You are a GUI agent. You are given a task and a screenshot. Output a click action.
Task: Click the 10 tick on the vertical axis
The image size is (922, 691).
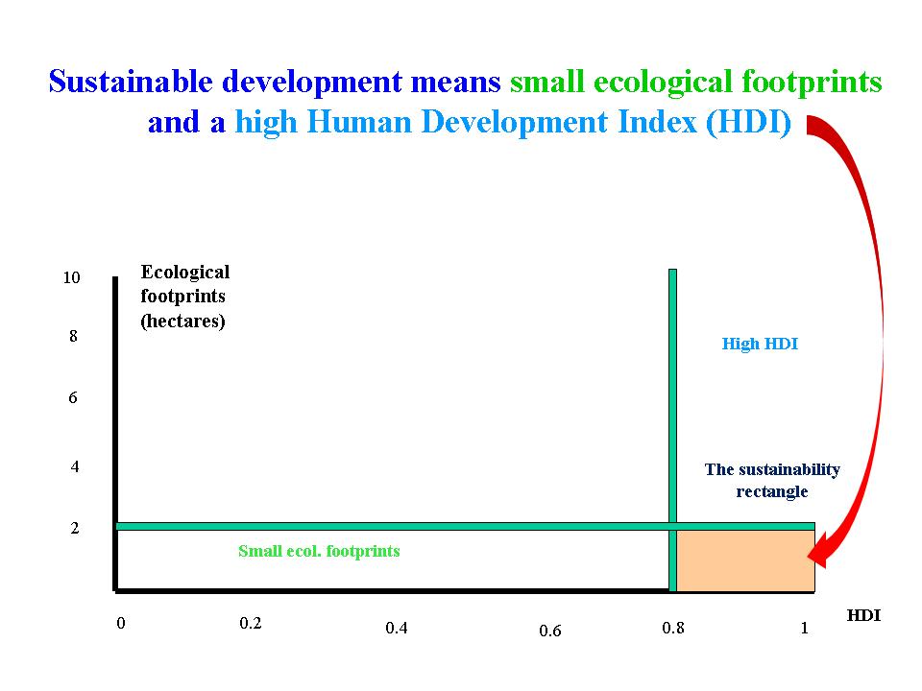pyautogui.click(x=71, y=278)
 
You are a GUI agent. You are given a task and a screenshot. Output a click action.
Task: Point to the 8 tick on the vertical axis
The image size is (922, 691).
pyautogui.click(x=73, y=337)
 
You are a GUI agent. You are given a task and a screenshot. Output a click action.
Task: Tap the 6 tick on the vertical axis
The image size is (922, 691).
pyautogui.click(x=73, y=397)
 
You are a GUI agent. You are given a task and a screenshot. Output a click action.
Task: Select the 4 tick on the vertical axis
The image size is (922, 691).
pyautogui.click(x=74, y=467)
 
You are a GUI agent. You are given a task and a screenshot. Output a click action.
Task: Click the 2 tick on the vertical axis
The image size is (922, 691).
pyautogui.click(x=74, y=528)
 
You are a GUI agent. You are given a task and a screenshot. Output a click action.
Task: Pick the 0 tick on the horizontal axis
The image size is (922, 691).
pyautogui.click(x=121, y=624)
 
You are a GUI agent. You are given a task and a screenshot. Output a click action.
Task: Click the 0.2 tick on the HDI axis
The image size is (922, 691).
pyautogui.click(x=251, y=623)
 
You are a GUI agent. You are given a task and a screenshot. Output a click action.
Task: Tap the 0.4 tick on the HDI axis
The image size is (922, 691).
pyautogui.click(x=397, y=629)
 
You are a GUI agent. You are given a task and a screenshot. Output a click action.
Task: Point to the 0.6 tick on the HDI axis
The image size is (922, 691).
pyautogui.click(x=550, y=631)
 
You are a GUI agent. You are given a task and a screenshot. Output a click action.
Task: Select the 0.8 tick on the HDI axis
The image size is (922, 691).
pyautogui.click(x=674, y=629)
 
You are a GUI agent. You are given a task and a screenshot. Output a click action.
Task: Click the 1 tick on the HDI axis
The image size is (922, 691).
pyautogui.click(x=805, y=629)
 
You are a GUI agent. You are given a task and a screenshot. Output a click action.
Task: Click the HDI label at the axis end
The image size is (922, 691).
pyautogui.click(x=863, y=616)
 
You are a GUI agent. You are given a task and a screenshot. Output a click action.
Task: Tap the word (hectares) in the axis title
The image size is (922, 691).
pyautogui.click(x=182, y=322)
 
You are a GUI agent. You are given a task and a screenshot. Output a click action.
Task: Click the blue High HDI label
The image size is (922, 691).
pyautogui.click(x=760, y=344)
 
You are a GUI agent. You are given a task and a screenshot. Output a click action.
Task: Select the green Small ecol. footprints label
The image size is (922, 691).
pyautogui.click(x=319, y=551)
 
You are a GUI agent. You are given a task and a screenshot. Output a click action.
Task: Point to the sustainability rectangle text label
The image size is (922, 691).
pyautogui.click(x=772, y=480)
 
